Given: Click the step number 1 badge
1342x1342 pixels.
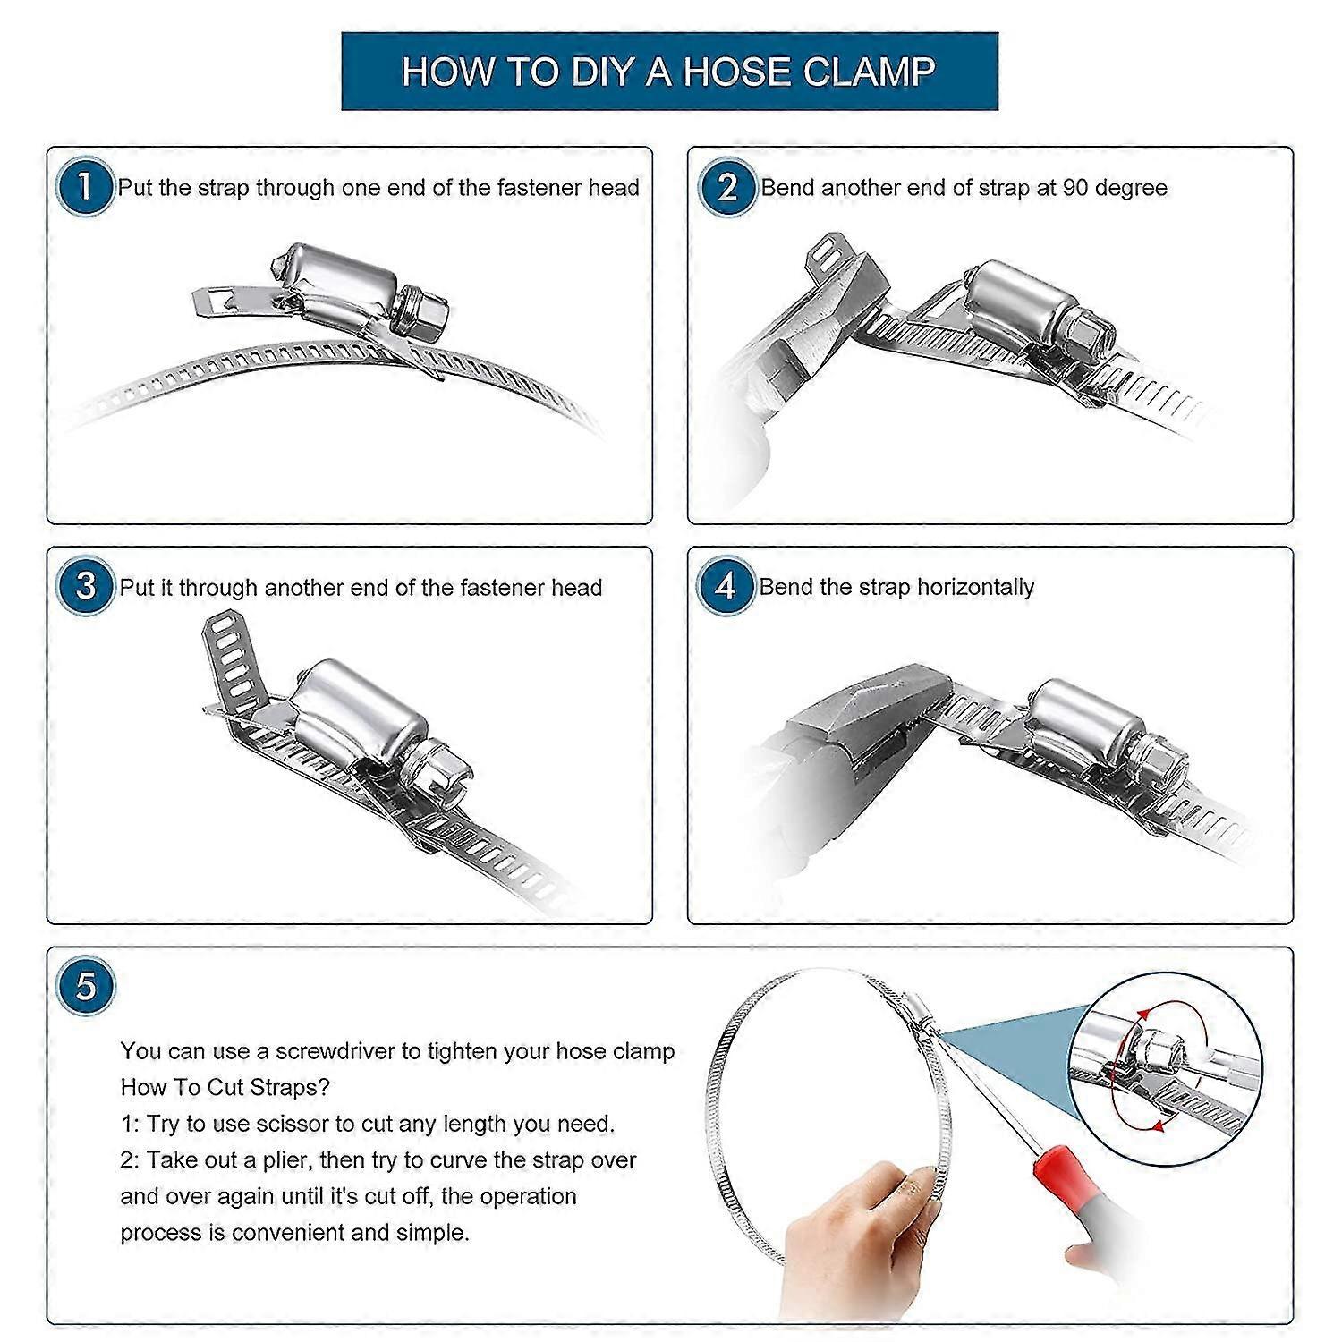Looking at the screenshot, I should click(85, 187).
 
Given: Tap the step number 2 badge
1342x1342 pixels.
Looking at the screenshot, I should click(726, 187).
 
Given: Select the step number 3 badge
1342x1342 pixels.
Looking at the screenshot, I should click(85, 586).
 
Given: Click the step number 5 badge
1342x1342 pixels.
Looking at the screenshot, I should click(85, 987).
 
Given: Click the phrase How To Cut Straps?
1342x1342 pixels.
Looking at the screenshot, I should click(225, 1087).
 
